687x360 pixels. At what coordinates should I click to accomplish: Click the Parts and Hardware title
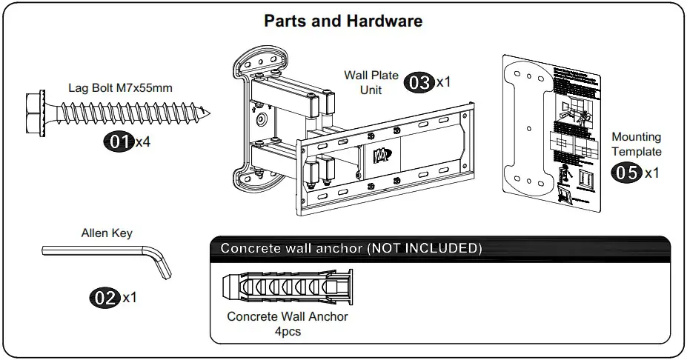[343, 21]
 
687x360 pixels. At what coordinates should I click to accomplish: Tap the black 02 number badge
[104, 298]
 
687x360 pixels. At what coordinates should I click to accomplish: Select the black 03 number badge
[419, 82]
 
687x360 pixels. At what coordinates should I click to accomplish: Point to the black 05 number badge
[626, 173]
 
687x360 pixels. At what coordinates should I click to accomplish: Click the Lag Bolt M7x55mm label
[121, 87]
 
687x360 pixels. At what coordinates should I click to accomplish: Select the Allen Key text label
[107, 233]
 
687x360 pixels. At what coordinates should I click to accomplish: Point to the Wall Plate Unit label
[371, 81]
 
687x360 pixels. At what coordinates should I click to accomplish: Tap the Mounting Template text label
[636, 144]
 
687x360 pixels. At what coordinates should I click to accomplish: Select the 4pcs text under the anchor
[288, 331]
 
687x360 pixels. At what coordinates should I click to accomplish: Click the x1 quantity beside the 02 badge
[130, 298]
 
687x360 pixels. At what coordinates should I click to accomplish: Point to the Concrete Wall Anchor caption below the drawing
[288, 316]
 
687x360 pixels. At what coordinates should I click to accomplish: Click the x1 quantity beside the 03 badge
[443, 82]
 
